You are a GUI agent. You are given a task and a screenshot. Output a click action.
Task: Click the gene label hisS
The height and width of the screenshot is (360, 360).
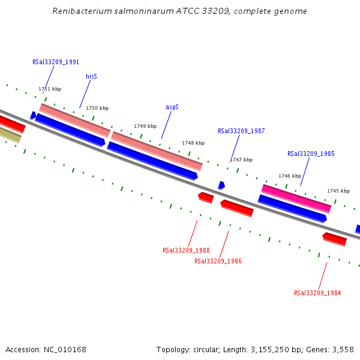coord(91,77)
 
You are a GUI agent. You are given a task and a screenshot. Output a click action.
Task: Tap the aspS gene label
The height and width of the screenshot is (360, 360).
coord(172,107)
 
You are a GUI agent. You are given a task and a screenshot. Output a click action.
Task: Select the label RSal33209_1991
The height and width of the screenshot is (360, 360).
coord(56,62)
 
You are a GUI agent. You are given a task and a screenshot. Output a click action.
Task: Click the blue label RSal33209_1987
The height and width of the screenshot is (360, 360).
coord(241,131)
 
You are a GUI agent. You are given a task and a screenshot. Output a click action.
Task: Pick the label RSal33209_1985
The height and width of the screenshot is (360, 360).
coord(311,154)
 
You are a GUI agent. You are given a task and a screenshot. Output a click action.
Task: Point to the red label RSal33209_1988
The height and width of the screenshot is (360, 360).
coord(186,250)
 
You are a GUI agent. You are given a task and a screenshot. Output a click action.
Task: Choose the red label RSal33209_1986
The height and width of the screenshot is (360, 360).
coord(218,261)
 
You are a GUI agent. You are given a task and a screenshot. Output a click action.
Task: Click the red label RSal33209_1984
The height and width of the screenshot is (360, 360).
coord(317,293)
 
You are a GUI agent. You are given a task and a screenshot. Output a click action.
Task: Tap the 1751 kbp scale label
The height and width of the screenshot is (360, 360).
coord(50,89)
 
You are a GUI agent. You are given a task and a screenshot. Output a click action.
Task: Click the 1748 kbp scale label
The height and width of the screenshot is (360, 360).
coord(193,143)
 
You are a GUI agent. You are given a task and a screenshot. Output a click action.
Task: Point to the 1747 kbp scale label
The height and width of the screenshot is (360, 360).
coord(241,160)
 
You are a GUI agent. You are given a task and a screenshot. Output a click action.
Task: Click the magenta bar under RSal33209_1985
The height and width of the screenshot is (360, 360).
coord(296,199)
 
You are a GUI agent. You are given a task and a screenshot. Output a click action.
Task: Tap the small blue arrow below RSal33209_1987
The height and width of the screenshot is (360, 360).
coord(221,185)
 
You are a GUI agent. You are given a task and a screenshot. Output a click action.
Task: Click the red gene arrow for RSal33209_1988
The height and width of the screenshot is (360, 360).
coord(206,197)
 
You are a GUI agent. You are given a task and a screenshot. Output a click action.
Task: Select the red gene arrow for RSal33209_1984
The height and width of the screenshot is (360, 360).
coord(335,239)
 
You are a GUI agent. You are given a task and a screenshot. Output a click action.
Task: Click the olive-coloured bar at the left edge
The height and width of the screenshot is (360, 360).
coord(10,136)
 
